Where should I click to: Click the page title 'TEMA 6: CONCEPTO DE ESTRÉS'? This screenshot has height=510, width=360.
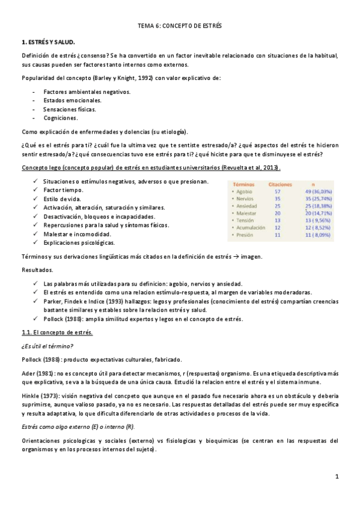180,27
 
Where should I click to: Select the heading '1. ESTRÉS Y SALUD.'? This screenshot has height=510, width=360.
49,43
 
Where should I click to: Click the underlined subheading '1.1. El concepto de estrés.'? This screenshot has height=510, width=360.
57,332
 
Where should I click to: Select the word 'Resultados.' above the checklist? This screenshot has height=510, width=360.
37,270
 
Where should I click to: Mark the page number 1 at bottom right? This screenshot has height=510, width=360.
338,477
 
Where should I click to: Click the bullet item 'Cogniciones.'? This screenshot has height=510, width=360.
61,118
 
